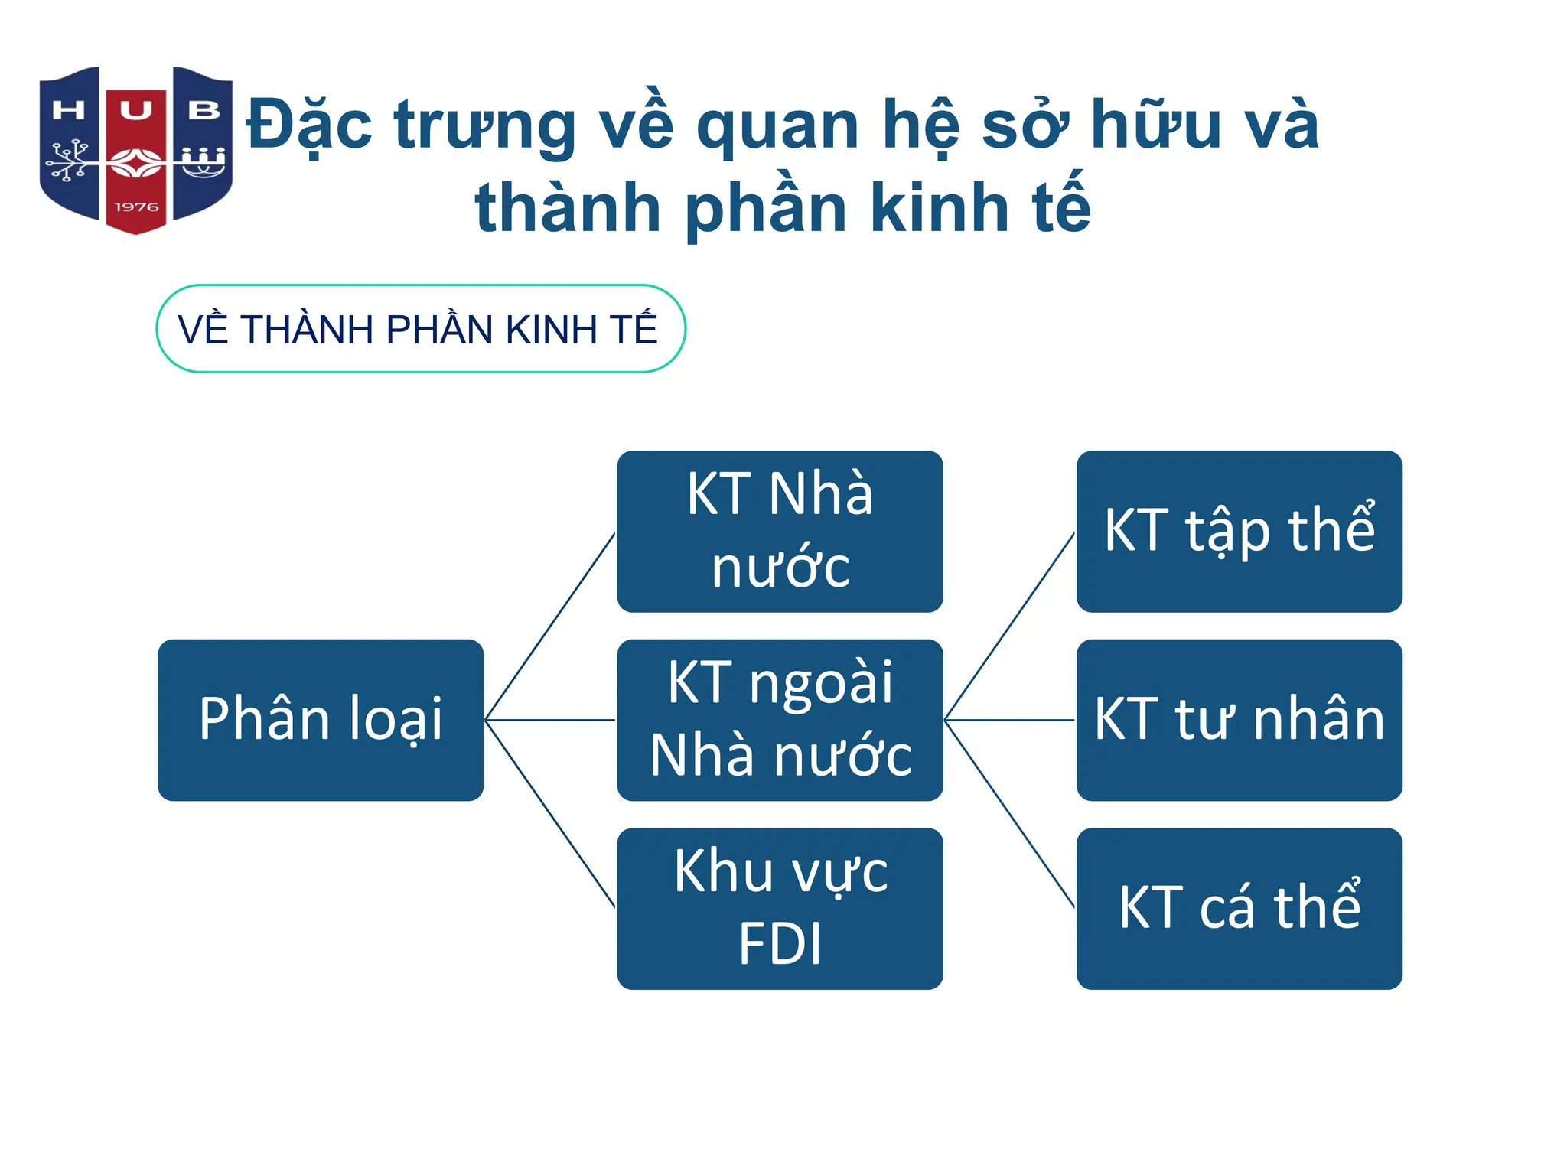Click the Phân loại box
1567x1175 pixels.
point(321,720)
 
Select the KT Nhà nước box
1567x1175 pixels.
point(780,531)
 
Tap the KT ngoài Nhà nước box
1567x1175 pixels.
point(780,720)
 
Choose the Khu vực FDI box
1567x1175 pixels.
point(780,908)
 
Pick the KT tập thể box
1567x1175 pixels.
point(1239,531)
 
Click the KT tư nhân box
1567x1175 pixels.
point(1239,720)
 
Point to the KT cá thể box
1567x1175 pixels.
point(1239,908)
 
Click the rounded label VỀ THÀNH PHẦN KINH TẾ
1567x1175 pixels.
point(420,329)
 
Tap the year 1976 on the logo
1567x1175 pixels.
point(136,207)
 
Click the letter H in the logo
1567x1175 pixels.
point(68,111)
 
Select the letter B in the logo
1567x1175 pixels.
point(204,111)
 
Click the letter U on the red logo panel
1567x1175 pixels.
point(135,111)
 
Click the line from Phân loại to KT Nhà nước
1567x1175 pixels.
point(551,626)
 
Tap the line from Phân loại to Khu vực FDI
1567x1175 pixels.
point(551,814)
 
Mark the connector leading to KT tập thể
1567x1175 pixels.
point(1010,626)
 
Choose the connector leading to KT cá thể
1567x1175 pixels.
point(1010,814)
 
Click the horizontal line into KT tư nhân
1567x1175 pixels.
point(1010,720)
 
